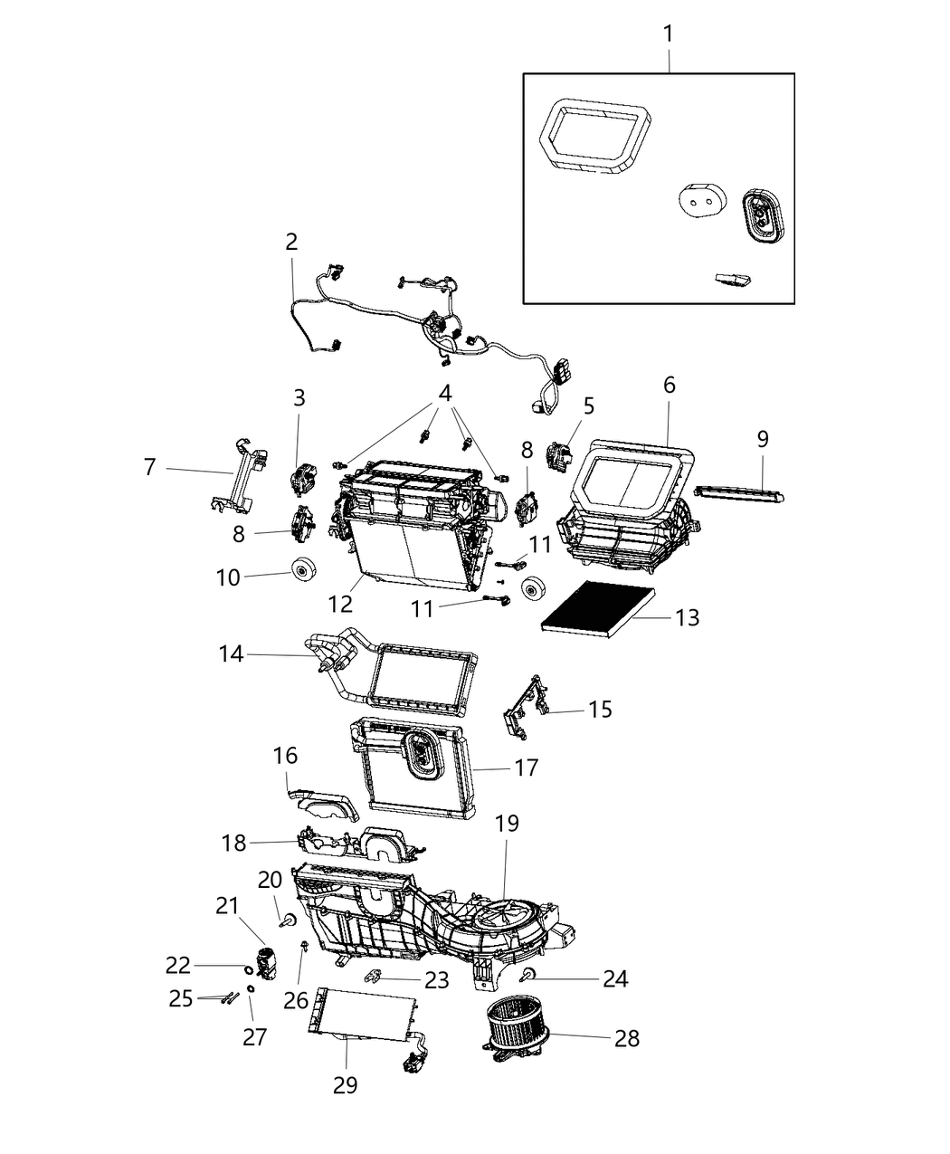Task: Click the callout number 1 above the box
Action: (668, 35)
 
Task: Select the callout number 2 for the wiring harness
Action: (290, 242)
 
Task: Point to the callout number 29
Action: (345, 1084)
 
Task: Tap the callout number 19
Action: (507, 824)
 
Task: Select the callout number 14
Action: (232, 653)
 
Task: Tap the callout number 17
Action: (526, 768)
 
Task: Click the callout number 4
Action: (444, 394)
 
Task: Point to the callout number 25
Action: (181, 998)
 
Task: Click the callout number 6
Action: (669, 384)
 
